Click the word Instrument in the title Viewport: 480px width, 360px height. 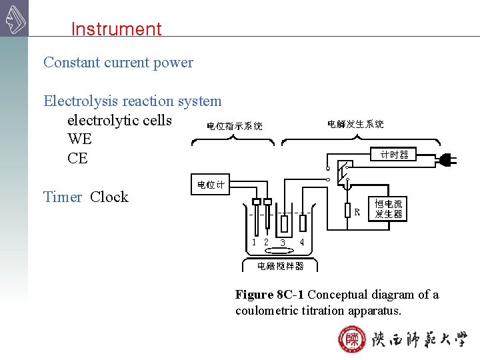coord(116,29)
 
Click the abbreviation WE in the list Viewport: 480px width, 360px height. coord(79,139)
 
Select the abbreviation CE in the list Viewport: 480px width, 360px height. coord(77,159)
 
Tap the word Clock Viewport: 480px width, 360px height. coord(109,197)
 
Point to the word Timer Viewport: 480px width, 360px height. coord(63,197)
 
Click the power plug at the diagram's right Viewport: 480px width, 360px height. coord(447,160)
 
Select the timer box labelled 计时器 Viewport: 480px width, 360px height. coord(394,155)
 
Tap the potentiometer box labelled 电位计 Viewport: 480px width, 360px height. coord(211,185)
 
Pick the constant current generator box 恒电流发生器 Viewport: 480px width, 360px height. coord(388,209)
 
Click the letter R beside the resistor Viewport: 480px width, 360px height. coord(357,213)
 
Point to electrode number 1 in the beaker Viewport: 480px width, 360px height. coord(254,242)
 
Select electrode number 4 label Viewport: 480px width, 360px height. coord(302,242)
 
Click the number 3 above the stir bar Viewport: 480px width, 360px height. coord(283,243)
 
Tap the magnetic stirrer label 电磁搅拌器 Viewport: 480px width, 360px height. coord(281,265)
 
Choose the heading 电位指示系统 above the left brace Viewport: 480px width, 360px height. coord(234,125)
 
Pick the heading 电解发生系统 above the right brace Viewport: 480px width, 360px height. coord(355,124)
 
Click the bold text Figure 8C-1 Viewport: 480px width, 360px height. coord(270,295)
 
